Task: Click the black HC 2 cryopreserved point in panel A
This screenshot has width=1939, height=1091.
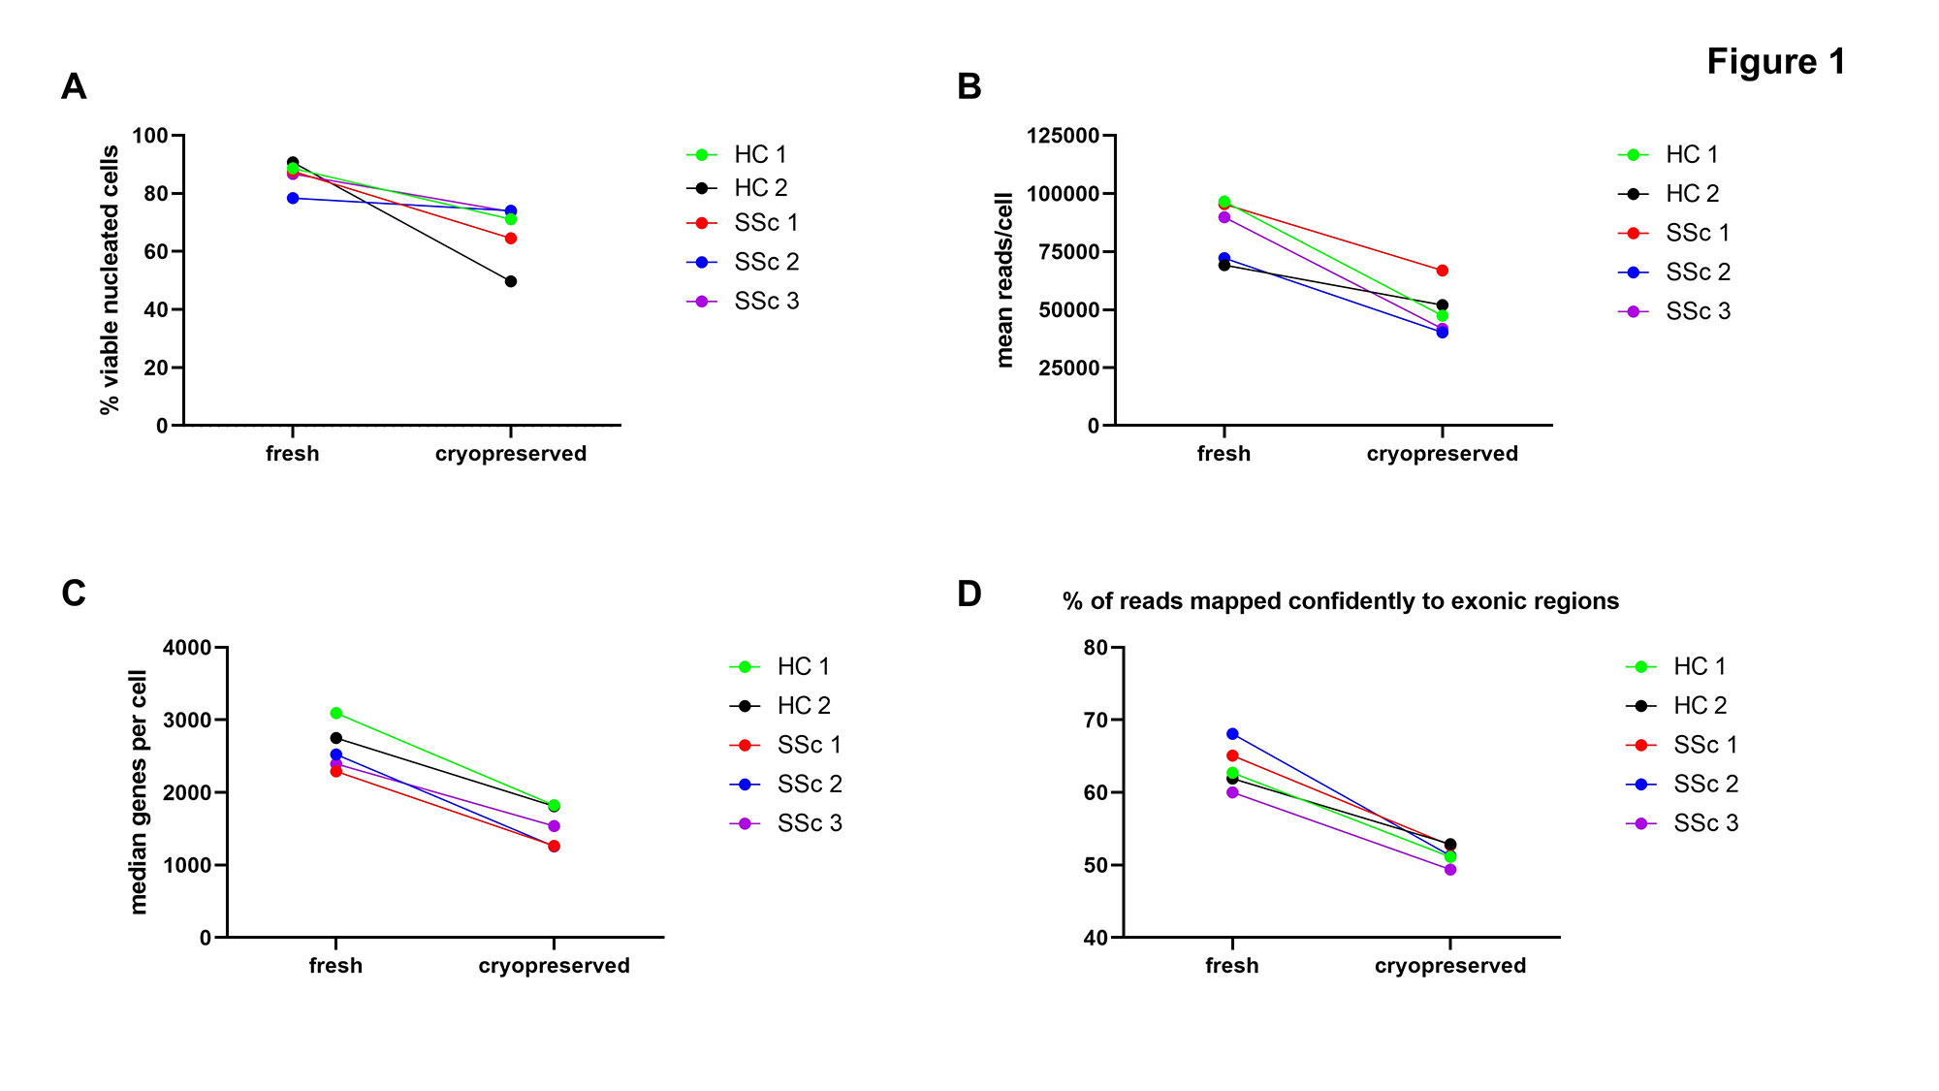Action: coord(511,281)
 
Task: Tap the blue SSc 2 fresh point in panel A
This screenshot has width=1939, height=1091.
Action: coord(293,198)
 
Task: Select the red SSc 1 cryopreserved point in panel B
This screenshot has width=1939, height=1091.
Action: coord(1443,271)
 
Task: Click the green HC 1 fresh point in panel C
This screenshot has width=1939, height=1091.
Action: coord(336,713)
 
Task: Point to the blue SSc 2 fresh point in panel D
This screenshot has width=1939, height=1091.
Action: coord(1232,734)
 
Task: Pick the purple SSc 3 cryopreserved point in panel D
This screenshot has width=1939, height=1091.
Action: coord(1450,870)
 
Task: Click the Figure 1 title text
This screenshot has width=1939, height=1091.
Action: coord(1776,62)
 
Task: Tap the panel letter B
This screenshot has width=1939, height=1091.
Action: coord(969,86)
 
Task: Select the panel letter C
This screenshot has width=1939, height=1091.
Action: coord(74,594)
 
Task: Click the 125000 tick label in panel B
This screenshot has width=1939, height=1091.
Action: coord(1064,136)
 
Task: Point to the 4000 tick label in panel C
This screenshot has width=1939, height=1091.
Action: coord(187,648)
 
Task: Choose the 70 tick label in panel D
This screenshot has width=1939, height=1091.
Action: coord(1097,720)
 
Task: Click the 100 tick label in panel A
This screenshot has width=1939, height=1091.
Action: coord(150,136)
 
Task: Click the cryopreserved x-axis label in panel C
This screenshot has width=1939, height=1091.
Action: coord(554,966)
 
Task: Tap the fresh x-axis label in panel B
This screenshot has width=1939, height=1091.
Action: coord(1224,454)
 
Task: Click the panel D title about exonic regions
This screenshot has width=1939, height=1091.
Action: coord(1341,601)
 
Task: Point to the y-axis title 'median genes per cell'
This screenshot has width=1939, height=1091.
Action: coord(139,792)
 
